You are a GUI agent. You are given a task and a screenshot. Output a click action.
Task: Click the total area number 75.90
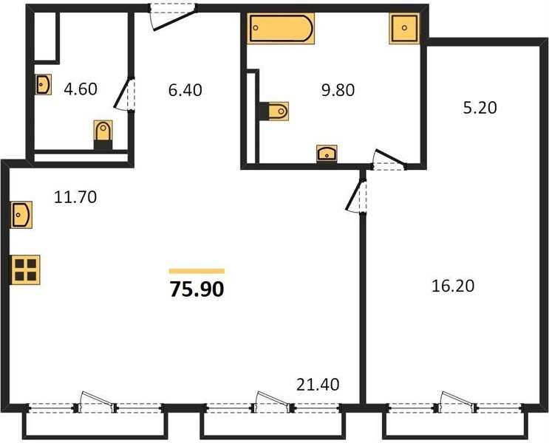(x=197, y=289)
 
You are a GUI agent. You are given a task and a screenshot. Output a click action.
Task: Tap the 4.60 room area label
(x=81, y=89)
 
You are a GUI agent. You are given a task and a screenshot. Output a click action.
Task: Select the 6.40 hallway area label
(x=185, y=90)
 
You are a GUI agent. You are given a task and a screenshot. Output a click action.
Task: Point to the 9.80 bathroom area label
(x=338, y=90)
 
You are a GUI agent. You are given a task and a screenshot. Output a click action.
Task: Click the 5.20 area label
(x=480, y=108)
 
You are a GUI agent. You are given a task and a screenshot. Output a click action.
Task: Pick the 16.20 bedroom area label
(x=453, y=286)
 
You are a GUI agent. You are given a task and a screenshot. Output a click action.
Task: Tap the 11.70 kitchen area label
(x=75, y=197)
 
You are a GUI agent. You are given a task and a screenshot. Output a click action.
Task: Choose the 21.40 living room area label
(x=318, y=385)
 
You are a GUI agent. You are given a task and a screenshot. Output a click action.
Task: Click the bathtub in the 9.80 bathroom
(x=281, y=28)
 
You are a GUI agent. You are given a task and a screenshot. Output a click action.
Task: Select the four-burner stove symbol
(x=26, y=269)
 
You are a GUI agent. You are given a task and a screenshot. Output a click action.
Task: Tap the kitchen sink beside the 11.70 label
(x=21, y=215)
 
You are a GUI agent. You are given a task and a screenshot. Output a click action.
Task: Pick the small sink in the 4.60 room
(x=43, y=84)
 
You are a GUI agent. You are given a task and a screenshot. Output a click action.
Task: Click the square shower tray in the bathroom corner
(x=404, y=28)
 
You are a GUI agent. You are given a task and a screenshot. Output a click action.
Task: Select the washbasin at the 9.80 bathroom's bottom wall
(x=327, y=154)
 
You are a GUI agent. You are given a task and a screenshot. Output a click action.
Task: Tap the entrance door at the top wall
(x=174, y=16)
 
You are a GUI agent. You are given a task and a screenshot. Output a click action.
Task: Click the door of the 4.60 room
(x=125, y=94)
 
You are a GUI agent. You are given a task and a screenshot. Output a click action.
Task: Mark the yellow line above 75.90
(x=197, y=271)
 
